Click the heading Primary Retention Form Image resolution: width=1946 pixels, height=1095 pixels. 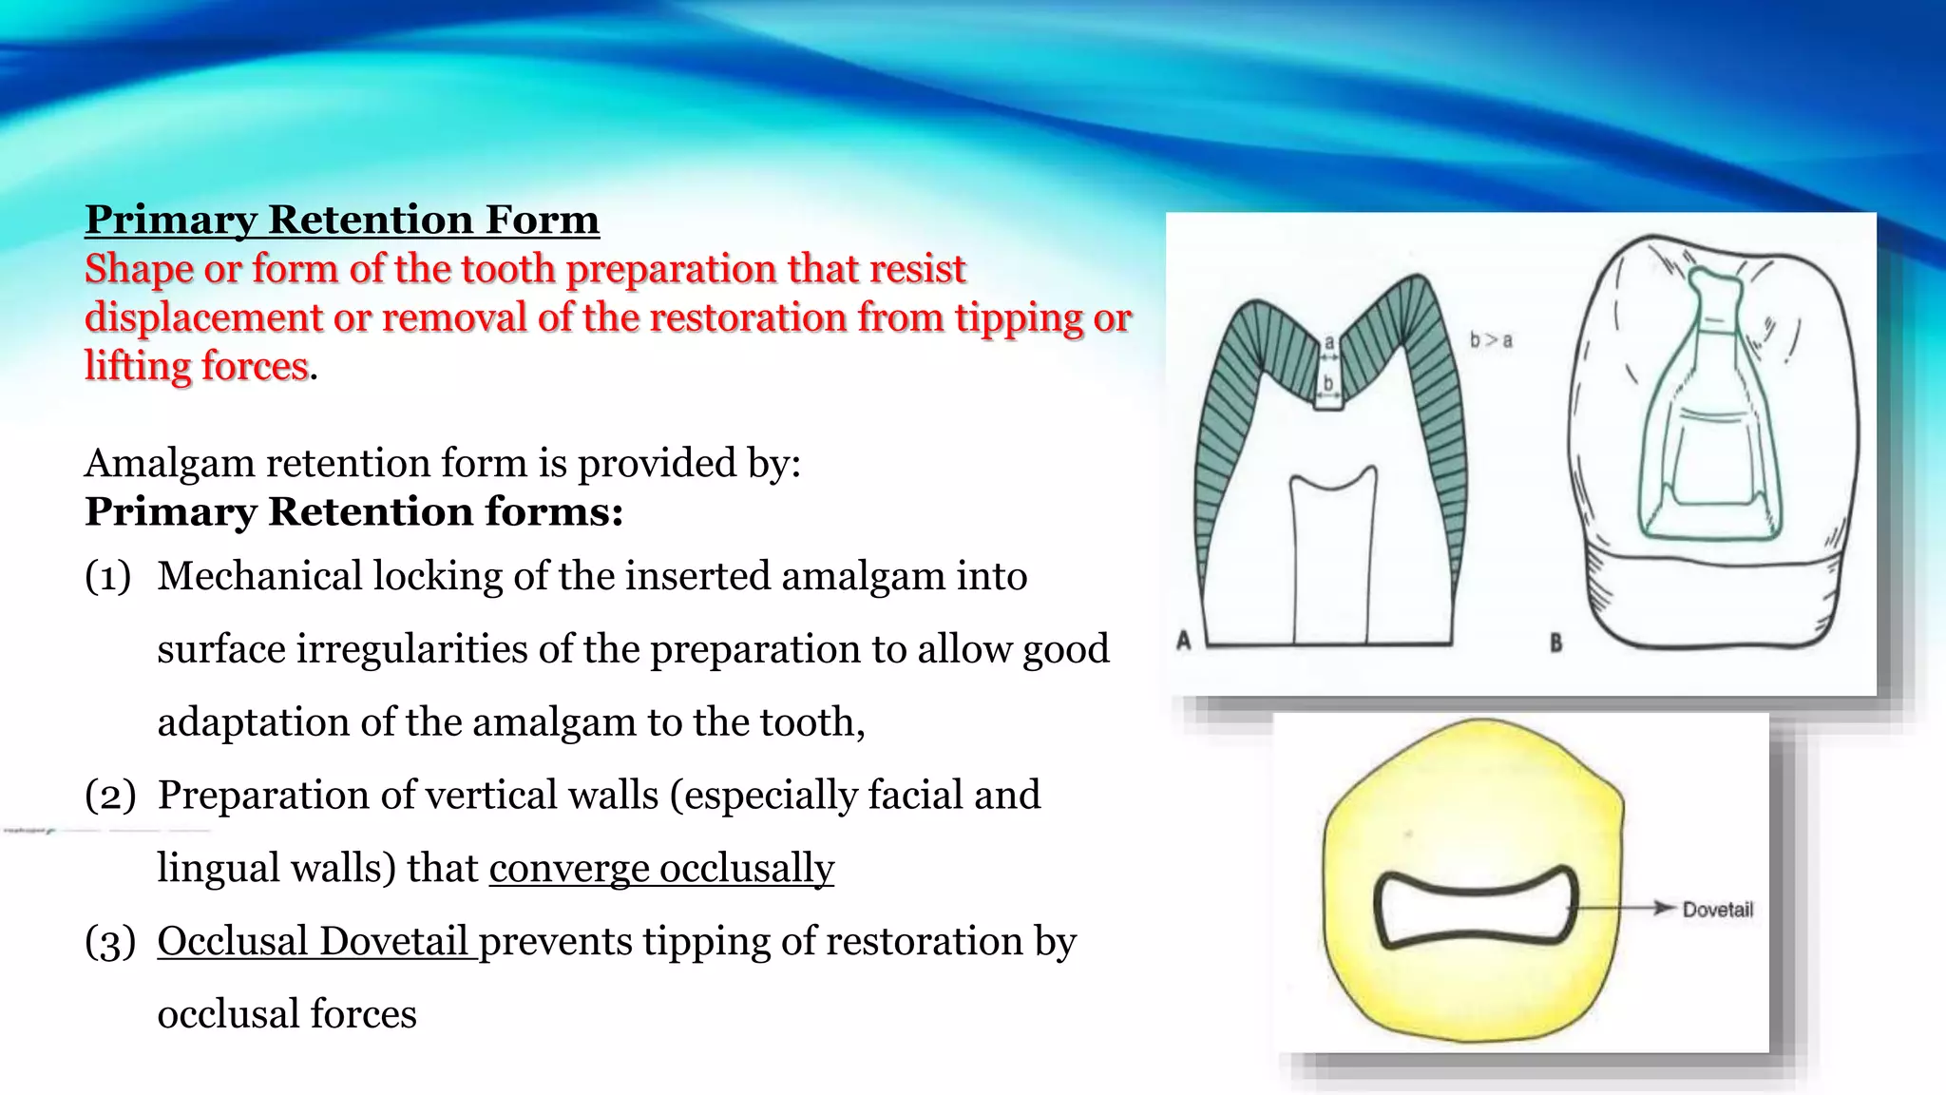(341, 220)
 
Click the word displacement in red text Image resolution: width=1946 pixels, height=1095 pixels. (203, 317)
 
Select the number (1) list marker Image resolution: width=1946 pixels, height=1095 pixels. (108, 577)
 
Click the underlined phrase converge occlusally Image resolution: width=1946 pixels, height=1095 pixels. (661, 869)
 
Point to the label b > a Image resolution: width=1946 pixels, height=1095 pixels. (1491, 339)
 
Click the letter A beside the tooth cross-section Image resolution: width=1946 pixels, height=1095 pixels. (1184, 640)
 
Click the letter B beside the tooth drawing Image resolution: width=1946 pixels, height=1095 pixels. (1555, 644)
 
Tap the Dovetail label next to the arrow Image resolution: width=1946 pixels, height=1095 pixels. (1717, 910)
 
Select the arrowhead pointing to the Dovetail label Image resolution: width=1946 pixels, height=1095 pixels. (1663, 908)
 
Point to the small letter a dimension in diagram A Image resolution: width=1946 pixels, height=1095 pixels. (1329, 342)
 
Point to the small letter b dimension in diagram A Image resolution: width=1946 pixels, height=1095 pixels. (1328, 382)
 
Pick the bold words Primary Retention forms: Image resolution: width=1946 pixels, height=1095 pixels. (353, 511)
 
